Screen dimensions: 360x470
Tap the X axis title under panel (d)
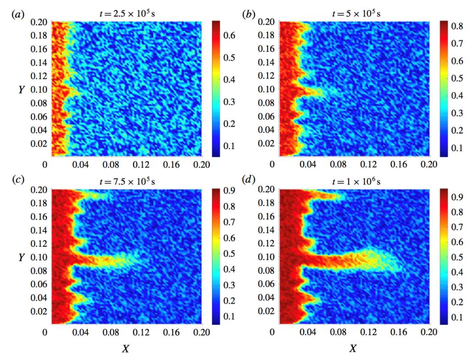click(353, 349)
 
